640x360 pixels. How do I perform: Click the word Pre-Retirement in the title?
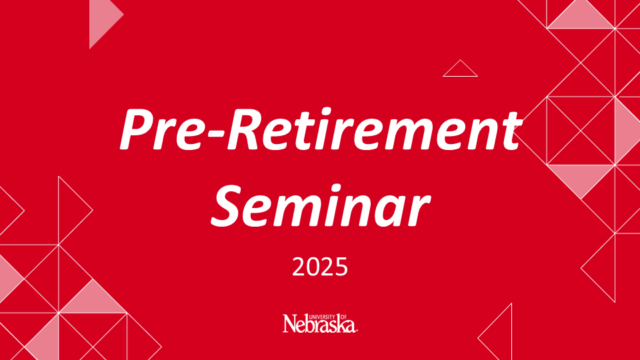[x=321, y=130]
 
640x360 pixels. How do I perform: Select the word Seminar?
[x=321, y=206]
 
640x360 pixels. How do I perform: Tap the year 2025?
[x=320, y=267]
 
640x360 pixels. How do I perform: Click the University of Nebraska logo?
[x=320, y=323]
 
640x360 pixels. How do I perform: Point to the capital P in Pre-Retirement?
[x=137, y=130]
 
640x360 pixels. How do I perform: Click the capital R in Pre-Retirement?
[x=245, y=130]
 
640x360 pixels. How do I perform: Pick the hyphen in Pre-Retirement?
[x=213, y=133]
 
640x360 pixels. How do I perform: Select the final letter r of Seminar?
[x=418, y=211]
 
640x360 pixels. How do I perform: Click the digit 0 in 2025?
[x=313, y=267]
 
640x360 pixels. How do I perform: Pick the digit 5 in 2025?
[x=341, y=267]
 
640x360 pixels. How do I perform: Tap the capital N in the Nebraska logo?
[x=291, y=323]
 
